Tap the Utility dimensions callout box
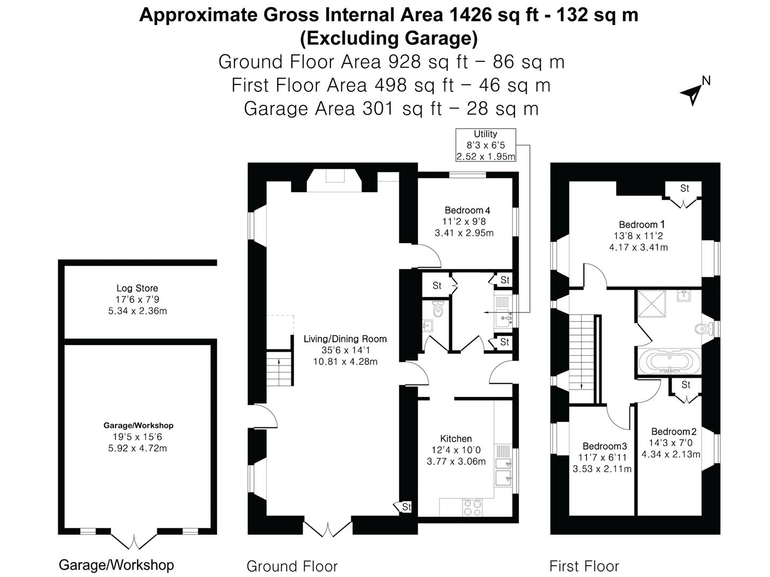[486, 145]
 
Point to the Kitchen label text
[456, 439]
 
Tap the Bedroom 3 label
[604, 446]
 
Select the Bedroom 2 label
[674, 432]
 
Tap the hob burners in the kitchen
[472, 506]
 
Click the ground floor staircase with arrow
[279, 369]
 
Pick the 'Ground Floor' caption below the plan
[292, 566]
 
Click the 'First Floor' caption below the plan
[584, 566]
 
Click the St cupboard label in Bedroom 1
[684, 188]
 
